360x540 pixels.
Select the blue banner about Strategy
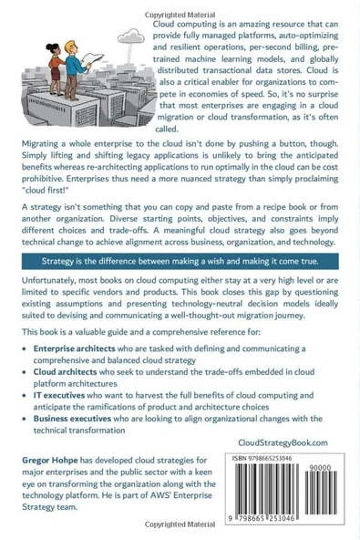coord(180,261)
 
